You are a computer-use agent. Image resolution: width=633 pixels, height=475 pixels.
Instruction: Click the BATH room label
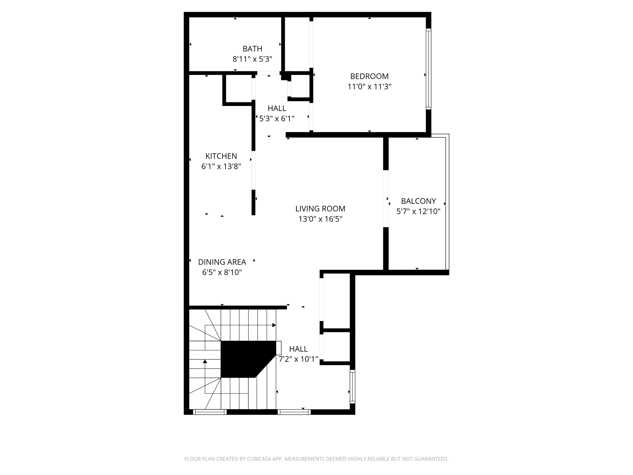(x=252, y=49)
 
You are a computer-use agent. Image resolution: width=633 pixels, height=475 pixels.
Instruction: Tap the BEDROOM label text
(x=369, y=76)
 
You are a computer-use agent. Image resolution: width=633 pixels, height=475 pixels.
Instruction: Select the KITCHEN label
(x=221, y=156)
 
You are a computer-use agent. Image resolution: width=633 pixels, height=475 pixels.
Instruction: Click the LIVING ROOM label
(x=320, y=209)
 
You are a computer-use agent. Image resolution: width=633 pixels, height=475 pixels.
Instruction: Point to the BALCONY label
(x=418, y=201)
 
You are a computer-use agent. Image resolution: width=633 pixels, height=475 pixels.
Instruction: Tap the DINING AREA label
(x=222, y=262)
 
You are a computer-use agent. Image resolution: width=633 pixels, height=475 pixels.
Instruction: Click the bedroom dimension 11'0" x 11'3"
(x=369, y=87)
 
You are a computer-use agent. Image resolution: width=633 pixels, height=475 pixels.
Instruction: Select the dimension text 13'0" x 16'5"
(x=320, y=219)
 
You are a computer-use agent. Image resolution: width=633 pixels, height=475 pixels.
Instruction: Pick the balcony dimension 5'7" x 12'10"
(x=418, y=212)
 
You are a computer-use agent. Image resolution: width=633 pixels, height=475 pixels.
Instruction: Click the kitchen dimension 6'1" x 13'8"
(x=221, y=167)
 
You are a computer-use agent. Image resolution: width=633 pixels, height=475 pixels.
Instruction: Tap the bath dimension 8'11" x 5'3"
(x=252, y=59)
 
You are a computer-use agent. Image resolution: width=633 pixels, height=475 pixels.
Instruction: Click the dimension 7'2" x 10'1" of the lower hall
(x=298, y=359)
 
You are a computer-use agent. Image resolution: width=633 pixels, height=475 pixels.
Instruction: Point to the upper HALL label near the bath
(x=277, y=108)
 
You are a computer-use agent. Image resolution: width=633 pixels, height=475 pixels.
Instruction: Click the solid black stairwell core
(x=244, y=359)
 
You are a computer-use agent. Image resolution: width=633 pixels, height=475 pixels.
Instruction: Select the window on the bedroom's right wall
(x=428, y=69)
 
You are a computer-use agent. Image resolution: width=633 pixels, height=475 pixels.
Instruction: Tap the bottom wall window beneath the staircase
(x=210, y=412)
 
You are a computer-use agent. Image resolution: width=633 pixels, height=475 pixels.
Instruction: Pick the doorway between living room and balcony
(x=386, y=199)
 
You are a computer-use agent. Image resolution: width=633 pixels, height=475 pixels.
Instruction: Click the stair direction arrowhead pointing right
(x=274, y=325)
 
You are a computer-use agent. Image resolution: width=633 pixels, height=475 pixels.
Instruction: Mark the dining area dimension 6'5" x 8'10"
(x=222, y=272)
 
